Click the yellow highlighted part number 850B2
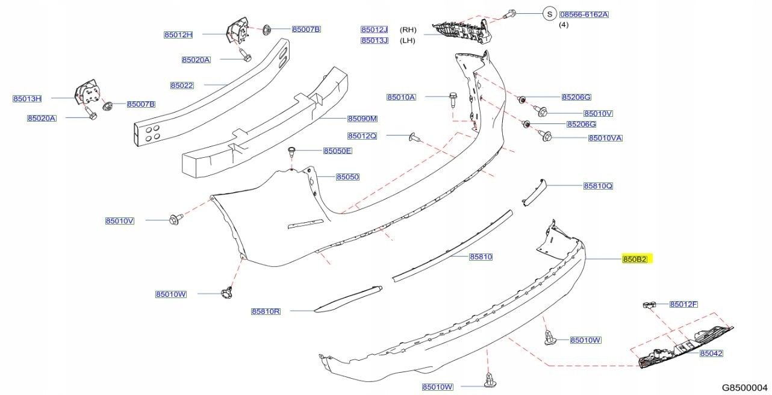coord(635,260)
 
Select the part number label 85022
coord(181,86)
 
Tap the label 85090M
coord(362,119)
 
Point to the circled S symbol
coord(549,14)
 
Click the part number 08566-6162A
coord(584,14)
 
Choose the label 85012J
coord(375,30)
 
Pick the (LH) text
coord(408,40)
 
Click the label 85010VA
coord(605,138)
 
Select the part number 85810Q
coord(597,186)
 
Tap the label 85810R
coord(266,311)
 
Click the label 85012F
coord(683,304)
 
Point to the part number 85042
coord(711,353)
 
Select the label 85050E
coord(337,151)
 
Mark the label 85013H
coord(27,98)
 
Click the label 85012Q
coord(362,135)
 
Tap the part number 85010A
coord(401,97)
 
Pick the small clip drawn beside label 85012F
coord(647,305)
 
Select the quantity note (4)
coord(564,25)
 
